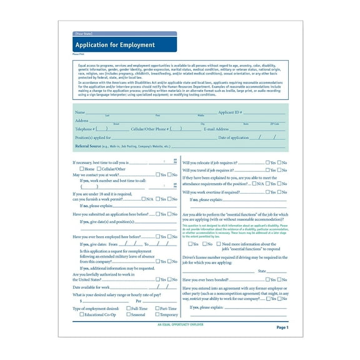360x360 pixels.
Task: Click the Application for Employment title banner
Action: coord(124,45)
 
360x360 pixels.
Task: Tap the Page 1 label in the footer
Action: coord(282,327)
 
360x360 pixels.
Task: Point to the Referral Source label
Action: coord(87,146)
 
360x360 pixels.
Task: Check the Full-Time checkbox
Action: coord(128,308)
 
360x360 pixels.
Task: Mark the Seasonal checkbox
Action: coord(128,314)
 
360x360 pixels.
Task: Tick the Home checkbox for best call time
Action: coord(82,169)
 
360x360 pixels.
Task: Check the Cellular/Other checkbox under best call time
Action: coord(99,169)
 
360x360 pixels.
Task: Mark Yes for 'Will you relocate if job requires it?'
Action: coord(267,162)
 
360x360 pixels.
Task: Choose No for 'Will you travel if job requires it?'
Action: coord(279,170)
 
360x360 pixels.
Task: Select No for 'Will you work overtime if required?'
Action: coord(279,192)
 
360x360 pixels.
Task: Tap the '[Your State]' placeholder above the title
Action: coord(85,34)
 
